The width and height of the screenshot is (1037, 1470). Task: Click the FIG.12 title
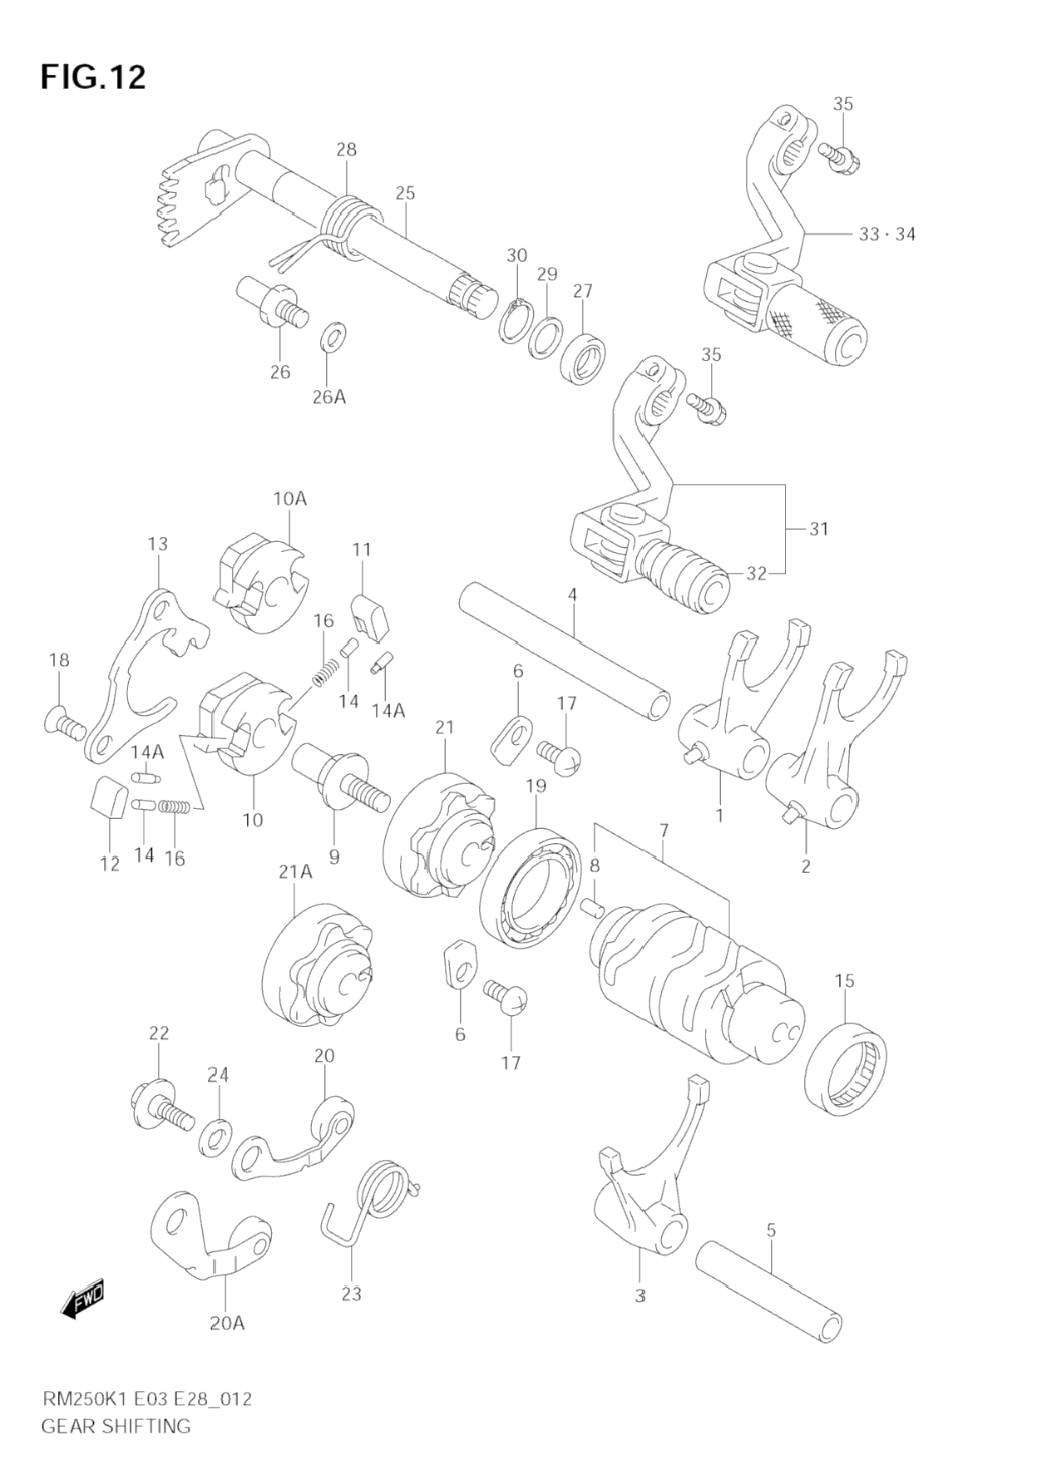click(x=93, y=77)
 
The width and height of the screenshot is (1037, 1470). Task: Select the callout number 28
click(x=346, y=150)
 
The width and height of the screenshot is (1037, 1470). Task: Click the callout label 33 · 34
click(x=887, y=234)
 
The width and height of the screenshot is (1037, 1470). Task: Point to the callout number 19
click(x=536, y=786)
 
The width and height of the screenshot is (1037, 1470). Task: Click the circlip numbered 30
click(x=519, y=320)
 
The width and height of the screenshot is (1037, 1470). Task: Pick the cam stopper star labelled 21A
click(x=318, y=964)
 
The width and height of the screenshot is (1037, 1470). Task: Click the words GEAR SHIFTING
click(x=116, y=1426)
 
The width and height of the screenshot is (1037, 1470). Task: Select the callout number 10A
click(x=289, y=499)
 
